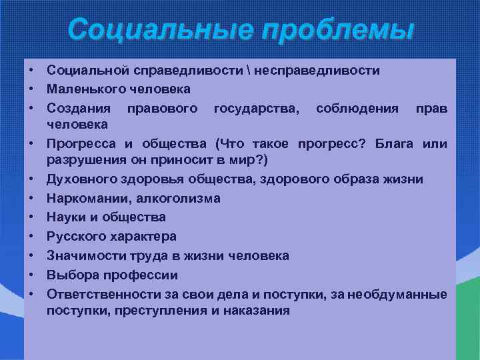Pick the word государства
click(256, 107)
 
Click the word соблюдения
click(357, 107)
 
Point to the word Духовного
click(79, 179)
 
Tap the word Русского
click(73, 236)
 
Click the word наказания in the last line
click(258, 310)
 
